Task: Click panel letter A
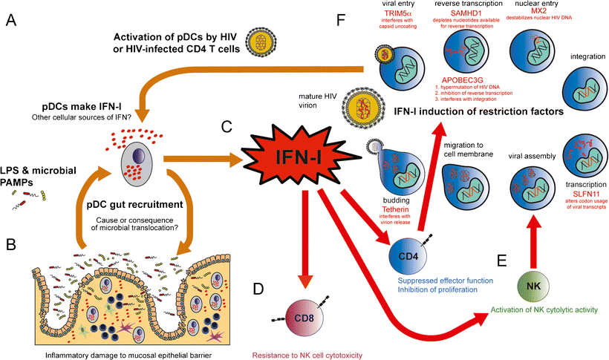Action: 10,22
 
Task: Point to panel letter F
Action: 339,22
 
